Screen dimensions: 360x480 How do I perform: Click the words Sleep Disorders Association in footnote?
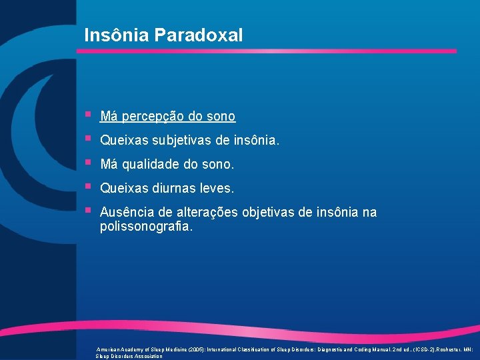pyautogui.click(x=129, y=356)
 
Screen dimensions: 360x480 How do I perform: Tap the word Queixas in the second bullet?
pyautogui.click(x=124, y=141)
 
